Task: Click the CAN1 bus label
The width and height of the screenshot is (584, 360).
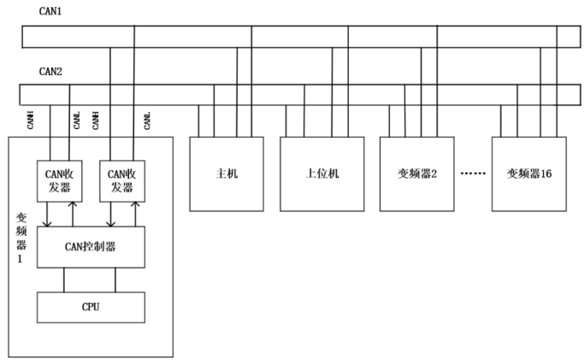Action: click(x=50, y=11)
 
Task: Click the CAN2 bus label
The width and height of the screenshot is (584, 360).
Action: click(x=50, y=72)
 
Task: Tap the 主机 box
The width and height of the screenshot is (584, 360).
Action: click(x=227, y=174)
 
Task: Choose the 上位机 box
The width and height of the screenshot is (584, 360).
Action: click(x=322, y=174)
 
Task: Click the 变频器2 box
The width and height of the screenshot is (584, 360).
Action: click(x=416, y=174)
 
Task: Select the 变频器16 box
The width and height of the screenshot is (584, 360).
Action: click(x=528, y=174)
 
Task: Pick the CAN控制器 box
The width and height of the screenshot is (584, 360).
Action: click(x=91, y=247)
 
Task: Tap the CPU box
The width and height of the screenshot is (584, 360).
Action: click(x=91, y=306)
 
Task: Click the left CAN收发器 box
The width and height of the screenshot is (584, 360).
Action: click(x=59, y=180)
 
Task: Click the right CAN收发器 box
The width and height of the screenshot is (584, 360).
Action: click(x=121, y=180)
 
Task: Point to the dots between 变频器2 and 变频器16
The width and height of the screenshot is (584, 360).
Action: click(x=473, y=174)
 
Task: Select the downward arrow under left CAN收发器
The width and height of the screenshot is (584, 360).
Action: click(x=47, y=214)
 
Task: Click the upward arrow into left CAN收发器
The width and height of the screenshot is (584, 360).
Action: click(x=73, y=214)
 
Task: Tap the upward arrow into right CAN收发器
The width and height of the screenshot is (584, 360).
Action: click(x=134, y=214)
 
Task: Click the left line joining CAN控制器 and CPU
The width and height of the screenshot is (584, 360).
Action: click(x=64, y=280)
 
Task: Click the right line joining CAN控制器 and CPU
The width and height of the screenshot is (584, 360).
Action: click(x=115, y=280)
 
